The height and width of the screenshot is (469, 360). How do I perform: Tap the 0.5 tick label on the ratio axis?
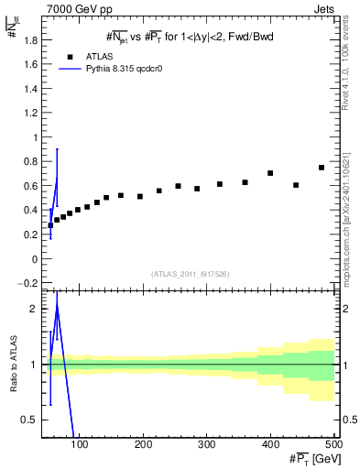[x=30, y=420]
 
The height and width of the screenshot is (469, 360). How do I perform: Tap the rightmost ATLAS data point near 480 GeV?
[x=322, y=168]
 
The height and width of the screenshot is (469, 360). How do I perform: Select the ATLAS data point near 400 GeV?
[x=270, y=173]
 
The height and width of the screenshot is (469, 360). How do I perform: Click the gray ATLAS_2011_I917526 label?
[x=191, y=274]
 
